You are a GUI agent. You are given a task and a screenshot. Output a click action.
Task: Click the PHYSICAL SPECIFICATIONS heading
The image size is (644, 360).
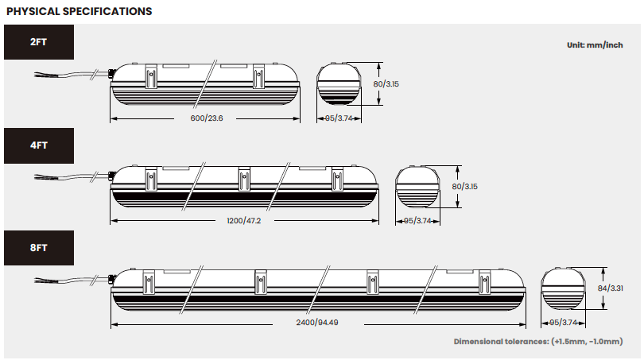pyautogui.click(x=80, y=11)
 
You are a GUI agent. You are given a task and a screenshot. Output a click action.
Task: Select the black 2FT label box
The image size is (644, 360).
pyautogui.click(x=39, y=42)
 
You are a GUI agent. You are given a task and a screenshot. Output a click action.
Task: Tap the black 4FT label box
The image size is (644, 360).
pyautogui.click(x=39, y=145)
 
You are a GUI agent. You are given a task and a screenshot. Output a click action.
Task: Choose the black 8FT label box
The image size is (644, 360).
pyautogui.click(x=39, y=247)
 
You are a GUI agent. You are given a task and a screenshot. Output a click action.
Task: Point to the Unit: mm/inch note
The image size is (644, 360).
pyautogui.click(x=595, y=45)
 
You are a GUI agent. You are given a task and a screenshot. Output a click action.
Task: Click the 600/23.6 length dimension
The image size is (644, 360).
pyautogui.click(x=207, y=118)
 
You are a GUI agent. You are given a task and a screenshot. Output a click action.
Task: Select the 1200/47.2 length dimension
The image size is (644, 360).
pyautogui.click(x=244, y=221)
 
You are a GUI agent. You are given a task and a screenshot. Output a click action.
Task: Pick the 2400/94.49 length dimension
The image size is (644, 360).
pyautogui.click(x=317, y=323)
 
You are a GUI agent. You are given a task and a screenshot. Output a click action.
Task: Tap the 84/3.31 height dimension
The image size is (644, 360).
pyautogui.click(x=610, y=288)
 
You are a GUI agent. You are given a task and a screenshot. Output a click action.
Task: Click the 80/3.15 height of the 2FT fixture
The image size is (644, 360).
pyautogui.click(x=386, y=83)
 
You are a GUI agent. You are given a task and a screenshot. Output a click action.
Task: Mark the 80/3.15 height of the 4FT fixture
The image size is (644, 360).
pyautogui.click(x=464, y=187)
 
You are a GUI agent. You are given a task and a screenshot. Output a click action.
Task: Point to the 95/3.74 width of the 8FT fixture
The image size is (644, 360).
pyautogui.click(x=564, y=323)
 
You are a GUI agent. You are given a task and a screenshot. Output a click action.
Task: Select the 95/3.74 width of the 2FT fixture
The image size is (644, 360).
pyautogui.click(x=339, y=118)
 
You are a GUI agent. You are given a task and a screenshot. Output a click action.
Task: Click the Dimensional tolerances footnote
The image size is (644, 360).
pyautogui.click(x=538, y=342)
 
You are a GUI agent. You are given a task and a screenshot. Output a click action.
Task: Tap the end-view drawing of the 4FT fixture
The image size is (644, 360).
pyautogui.click(x=417, y=187)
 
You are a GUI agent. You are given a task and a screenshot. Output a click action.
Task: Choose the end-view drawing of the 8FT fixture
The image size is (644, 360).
pyautogui.click(x=563, y=289)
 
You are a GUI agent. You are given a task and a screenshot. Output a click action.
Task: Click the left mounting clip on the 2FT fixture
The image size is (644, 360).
pyautogui.click(x=151, y=76)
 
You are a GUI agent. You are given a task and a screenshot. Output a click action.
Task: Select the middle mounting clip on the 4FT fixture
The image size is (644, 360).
pyautogui.click(x=244, y=179)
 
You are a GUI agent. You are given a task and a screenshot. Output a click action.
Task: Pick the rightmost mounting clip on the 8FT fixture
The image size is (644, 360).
pyautogui.click(x=485, y=282)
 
